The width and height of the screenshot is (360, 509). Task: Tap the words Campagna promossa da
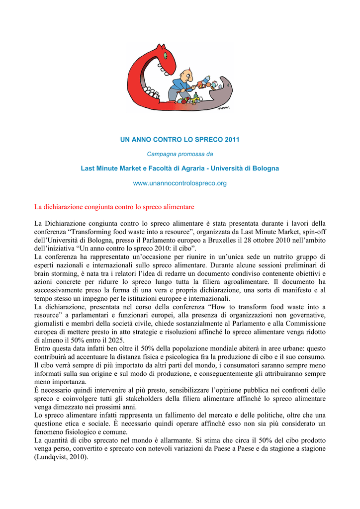coord(180,154)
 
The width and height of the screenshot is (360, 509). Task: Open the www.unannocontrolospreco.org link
coord(180,183)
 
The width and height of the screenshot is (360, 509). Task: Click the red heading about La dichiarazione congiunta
coord(114,206)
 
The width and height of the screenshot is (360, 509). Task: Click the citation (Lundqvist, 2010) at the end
coord(61,458)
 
